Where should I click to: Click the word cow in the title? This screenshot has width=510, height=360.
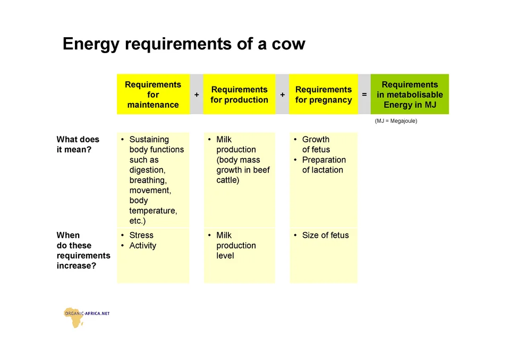[x=288, y=44]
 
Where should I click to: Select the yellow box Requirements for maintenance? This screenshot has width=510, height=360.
[x=153, y=95]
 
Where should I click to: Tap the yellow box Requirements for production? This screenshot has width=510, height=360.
[x=240, y=95]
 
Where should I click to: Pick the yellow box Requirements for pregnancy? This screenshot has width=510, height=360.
[x=324, y=95]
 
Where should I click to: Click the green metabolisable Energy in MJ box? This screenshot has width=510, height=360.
[x=410, y=95]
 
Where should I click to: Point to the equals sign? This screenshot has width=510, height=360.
[x=364, y=95]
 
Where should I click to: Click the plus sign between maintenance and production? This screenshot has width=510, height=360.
[x=197, y=95]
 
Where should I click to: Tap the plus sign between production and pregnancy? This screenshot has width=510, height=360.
[x=282, y=95]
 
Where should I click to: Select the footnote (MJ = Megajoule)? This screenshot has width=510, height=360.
[x=396, y=121]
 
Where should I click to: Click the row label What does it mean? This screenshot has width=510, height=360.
[x=78, y=144]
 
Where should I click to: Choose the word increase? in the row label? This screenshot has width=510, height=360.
[x=76, y=265]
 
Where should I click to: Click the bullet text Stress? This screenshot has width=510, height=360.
[x=141, y=235]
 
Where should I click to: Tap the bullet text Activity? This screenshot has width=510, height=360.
[x=143, y=245]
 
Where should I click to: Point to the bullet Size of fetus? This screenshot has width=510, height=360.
[x=325, y=235]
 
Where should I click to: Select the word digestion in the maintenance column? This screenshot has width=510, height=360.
[x=147, y=170]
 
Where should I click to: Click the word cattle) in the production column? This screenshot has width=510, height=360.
[x=228, y=180]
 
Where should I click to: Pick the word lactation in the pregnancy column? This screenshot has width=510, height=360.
[x=328, y=170]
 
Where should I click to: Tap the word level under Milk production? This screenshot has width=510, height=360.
[x=225, y=255]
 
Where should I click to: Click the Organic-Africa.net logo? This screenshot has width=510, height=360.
[x=87, y=317]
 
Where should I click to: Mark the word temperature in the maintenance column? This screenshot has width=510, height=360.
[x=153, y=211]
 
